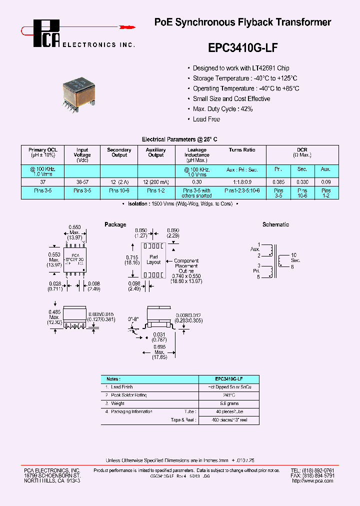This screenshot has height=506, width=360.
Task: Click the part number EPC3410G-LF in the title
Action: [x=242, y=47]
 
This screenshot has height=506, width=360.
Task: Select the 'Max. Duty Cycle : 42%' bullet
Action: [x=222, y=109]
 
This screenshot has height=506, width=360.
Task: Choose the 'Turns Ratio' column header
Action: [x=242, y=150]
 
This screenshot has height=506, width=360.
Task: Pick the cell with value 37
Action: [x=43, y=182]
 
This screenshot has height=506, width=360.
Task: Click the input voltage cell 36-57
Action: [x=82, y=182]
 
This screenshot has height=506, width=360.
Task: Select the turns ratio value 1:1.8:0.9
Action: [x=242, y=182]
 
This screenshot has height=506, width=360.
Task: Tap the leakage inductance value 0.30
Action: [x=197, y=182]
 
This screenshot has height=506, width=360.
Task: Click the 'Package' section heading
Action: [x=115, y=225]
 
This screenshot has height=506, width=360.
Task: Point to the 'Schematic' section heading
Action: [x=276, y=225]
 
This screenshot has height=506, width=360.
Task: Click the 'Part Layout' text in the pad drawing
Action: [x=154, y=259]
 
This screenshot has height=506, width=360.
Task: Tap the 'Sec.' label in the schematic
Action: [x=296, y=260]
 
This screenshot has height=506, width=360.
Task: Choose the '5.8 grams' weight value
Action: [x=229, y=403]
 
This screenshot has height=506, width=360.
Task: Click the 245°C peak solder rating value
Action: [x=229, y=395]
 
